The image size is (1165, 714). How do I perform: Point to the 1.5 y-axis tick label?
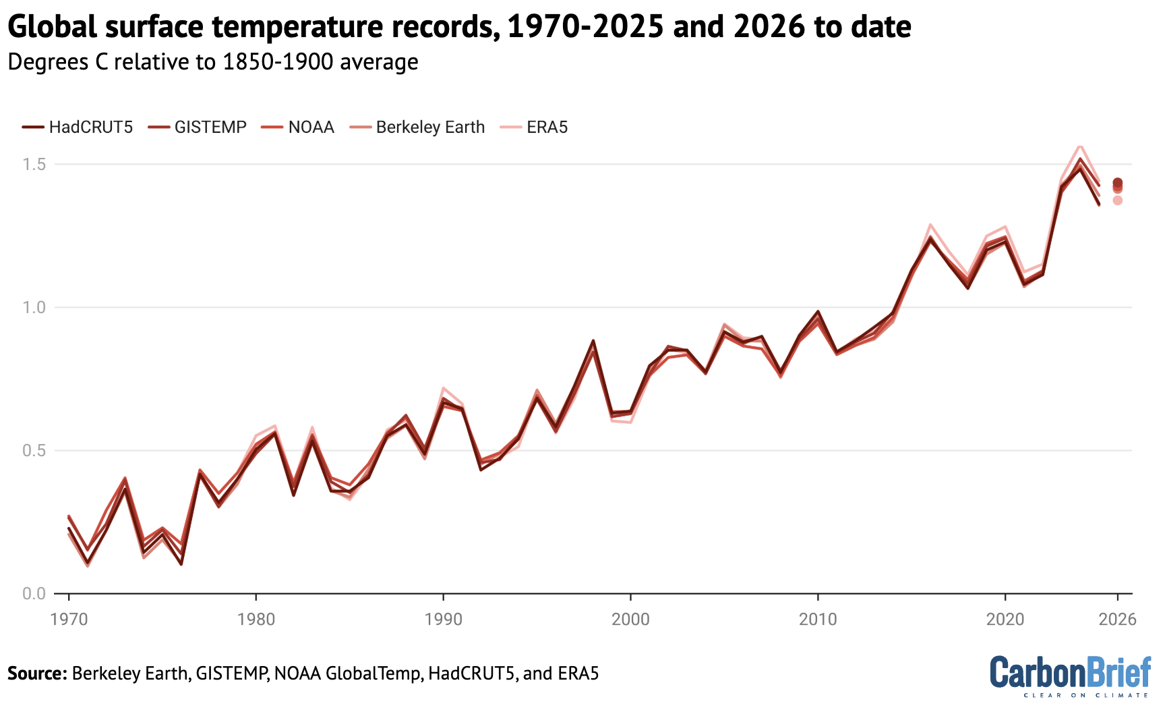[x=33, y=165]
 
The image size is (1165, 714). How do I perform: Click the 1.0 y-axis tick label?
[x=33, y=308]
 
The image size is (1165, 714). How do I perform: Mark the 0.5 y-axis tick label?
[x=33, y=451]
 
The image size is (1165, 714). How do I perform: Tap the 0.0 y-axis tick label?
[x=33, y=594]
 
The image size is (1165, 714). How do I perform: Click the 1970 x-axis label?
[x=69, y=620]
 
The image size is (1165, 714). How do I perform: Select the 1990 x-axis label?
[x=444, y=620]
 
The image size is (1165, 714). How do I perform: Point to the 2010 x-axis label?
[x=818, y=620]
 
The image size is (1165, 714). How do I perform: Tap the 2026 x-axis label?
[x=1117, y=620]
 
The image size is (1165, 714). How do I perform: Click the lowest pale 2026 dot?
[x=1117, y=200]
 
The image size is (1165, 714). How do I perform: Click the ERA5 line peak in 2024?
[x=1080, y=145]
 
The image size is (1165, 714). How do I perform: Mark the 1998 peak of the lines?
[x=593, y=342]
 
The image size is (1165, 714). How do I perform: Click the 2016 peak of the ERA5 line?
[x=930, y=225]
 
